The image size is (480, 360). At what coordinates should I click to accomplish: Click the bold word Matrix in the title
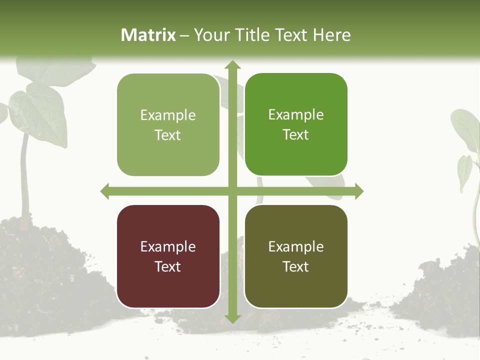pos(148,35)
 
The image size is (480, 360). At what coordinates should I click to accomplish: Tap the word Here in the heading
pos(331,35)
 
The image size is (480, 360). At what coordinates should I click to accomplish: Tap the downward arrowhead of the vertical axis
pos(232,318)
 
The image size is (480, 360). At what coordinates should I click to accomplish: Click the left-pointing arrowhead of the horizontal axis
pos(105,191)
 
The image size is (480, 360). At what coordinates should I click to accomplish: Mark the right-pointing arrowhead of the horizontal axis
pos(358,191)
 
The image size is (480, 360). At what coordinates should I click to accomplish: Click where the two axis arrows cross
pos(232,191)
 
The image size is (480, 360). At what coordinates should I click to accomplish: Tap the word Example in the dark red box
pos(168,246)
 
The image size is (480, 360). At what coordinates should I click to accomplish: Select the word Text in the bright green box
pos(296,135)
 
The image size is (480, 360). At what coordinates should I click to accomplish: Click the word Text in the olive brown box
pos(296,267)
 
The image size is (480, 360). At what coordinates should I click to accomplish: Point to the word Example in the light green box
pos(168,115)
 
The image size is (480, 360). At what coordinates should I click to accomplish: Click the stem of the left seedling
pos(23,180)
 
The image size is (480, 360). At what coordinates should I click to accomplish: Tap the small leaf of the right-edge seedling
pos(465,172)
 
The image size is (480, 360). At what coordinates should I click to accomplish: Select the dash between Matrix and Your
pos(184,35)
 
